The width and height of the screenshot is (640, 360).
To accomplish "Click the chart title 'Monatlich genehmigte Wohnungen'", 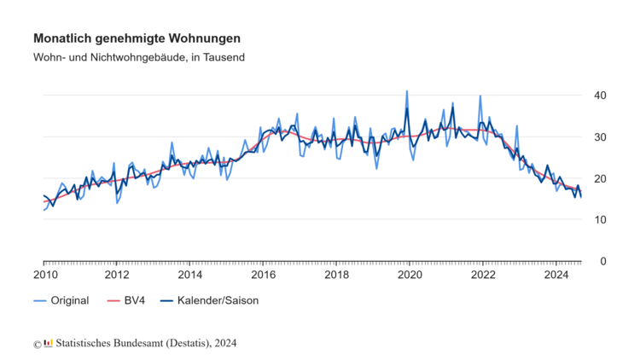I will coord(137,38).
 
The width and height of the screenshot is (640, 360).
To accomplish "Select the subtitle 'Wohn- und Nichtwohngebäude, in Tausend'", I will coord(139,57).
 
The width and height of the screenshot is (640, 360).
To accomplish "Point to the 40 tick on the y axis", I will coord(601,95).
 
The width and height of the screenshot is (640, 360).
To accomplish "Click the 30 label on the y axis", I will coord(601,136).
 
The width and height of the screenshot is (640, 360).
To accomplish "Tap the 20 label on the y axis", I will coord(601,178).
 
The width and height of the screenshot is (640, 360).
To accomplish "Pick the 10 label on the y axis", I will coord(601,219).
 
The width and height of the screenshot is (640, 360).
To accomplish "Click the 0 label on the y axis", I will coord(604,261).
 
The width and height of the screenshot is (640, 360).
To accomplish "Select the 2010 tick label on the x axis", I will coord(44,275).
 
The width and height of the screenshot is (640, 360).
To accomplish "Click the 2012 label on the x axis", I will coord(117,275).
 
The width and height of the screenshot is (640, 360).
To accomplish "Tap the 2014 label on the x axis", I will coord(190,275).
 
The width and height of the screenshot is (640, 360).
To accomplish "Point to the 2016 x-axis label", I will coord(264,275).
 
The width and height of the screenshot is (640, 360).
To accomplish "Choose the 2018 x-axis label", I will coord(337,275).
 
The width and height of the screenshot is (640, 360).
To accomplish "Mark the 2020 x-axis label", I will coord(410,275).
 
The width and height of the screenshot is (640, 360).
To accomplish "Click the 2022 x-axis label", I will coord(483,275).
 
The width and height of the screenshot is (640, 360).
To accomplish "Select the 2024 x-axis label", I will coord(556,275).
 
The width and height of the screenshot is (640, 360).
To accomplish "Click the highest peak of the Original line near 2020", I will coord(406,91).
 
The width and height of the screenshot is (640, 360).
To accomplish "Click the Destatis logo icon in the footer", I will coord(48,343).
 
